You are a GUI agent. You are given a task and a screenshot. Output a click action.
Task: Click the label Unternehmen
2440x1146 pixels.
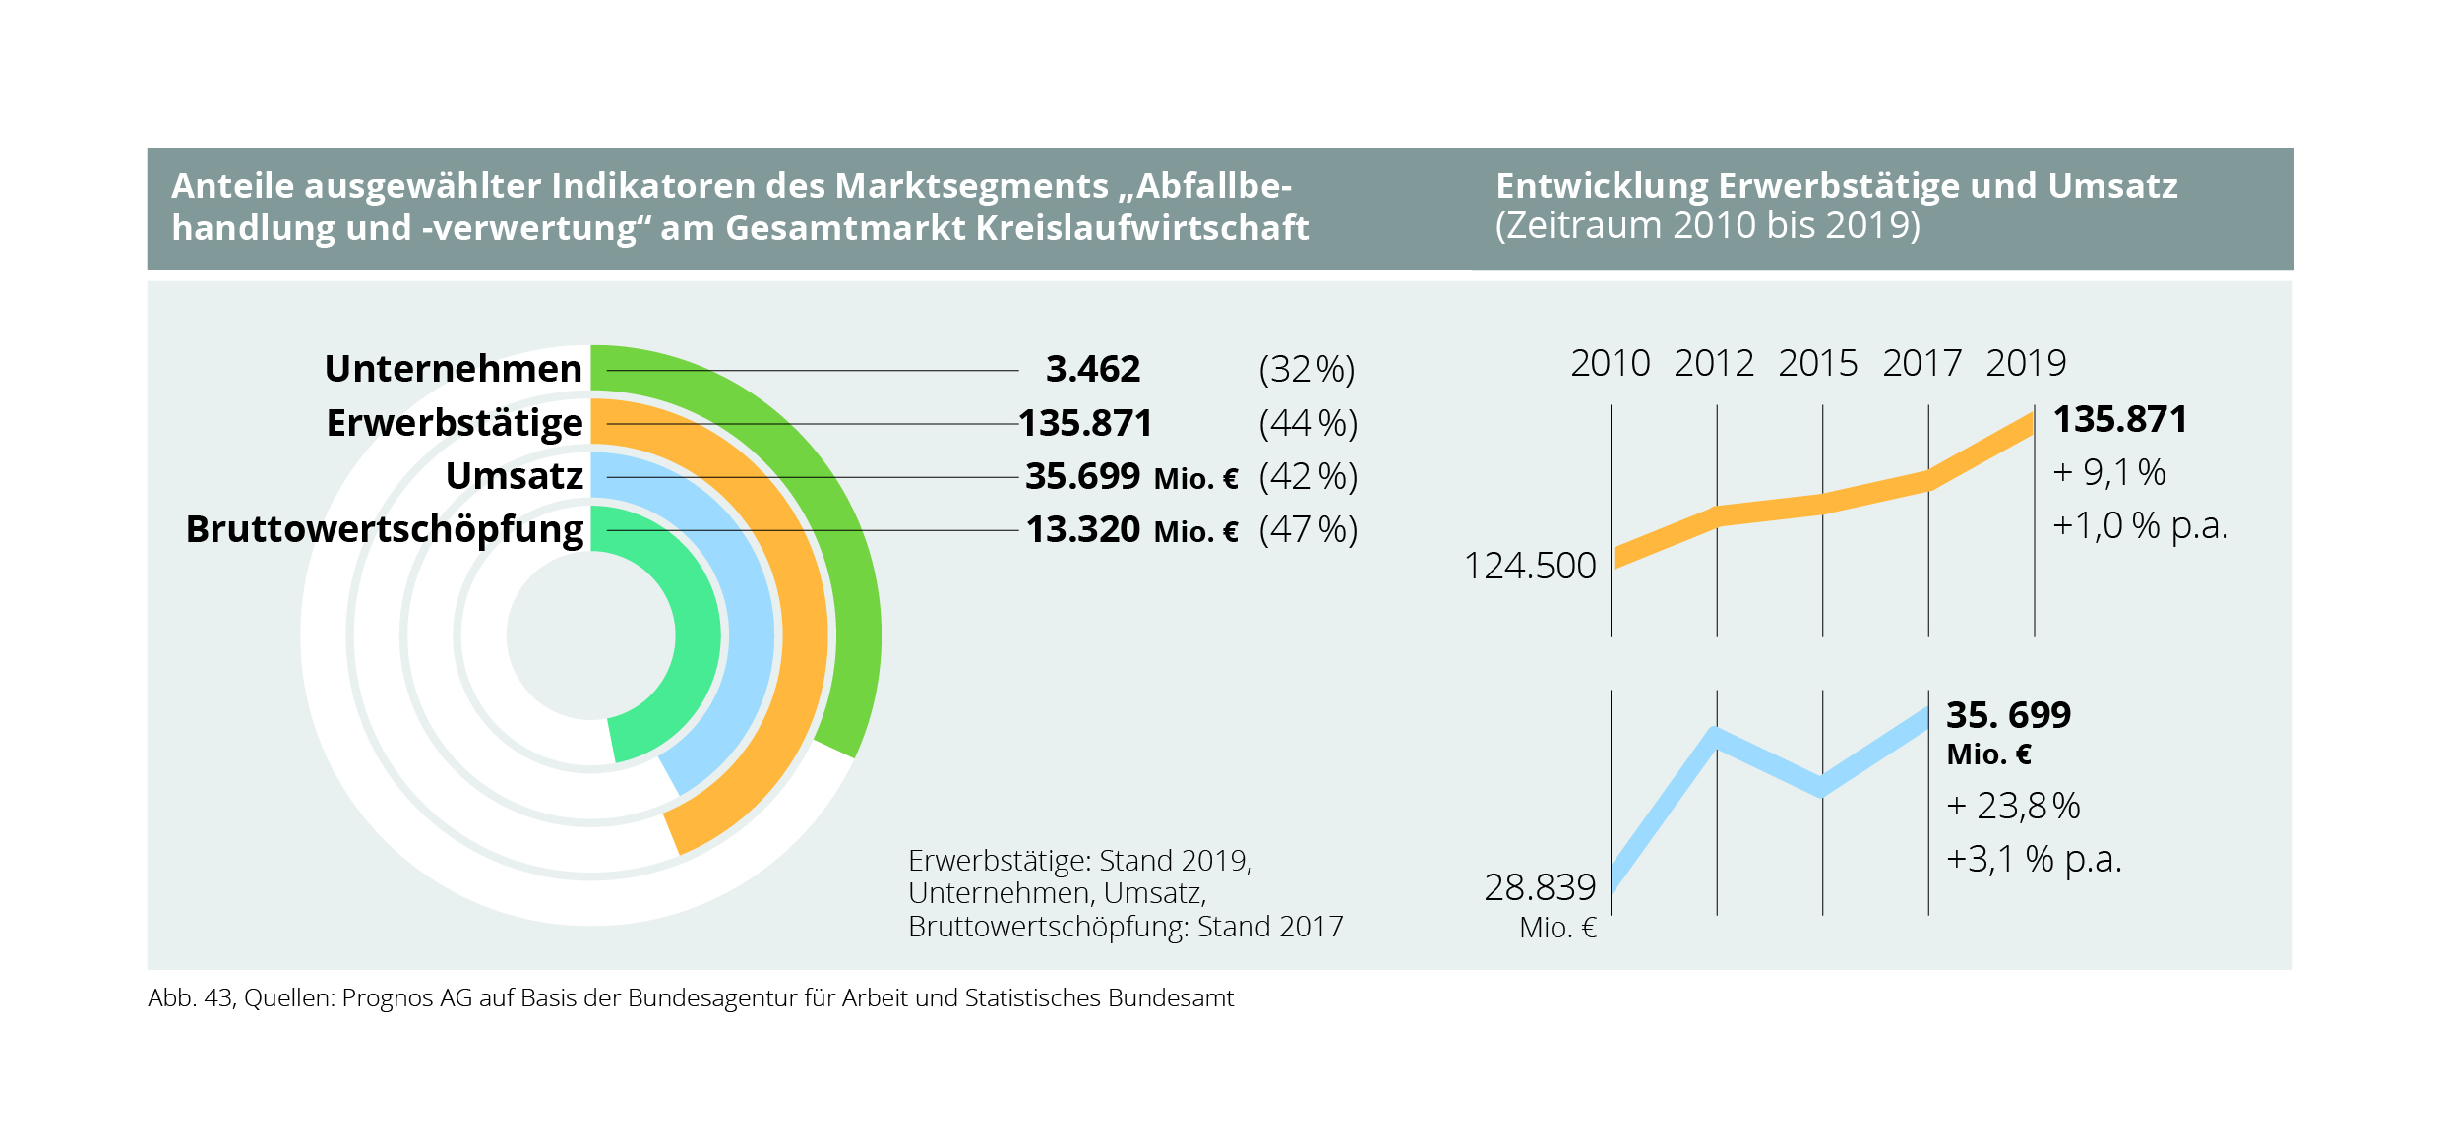(454, 369)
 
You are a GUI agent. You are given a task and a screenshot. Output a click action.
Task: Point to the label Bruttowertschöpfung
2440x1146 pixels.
(385, 529)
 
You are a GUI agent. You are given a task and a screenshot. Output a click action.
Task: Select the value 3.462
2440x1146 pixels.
(1092, 369)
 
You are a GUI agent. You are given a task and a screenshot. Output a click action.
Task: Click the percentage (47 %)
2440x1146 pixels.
(1308, 530)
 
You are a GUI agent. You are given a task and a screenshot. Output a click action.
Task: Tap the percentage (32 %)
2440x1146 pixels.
(1307, 370)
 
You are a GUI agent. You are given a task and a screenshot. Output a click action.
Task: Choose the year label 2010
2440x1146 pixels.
(1610, 364)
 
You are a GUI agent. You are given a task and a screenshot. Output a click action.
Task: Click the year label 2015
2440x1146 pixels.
(1817, 364)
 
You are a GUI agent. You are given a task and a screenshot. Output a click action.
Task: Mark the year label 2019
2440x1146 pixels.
(2026, 364)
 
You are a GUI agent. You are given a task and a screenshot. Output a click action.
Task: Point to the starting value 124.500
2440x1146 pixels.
(1530, 566)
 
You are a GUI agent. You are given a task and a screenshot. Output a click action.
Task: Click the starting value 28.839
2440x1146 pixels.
(1540, 887)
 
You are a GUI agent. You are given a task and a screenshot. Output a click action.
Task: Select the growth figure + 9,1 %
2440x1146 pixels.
(2108, 473)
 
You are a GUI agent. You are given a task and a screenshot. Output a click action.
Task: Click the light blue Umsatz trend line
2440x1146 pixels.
(1771, 762)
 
